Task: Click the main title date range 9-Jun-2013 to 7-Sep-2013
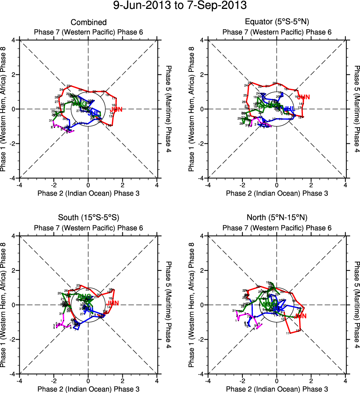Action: coord(180,6)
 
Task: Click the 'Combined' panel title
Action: coord(89,23)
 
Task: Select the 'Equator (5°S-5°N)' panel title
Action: coord(277,23)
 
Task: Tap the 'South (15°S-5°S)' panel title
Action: coord(89,217)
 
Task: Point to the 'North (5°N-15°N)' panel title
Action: coord(277,217)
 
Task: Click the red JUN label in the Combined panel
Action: coord(116,109)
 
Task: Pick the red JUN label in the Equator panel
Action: coord(304,97)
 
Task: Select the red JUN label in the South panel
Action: coord(112,303)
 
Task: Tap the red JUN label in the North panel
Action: coord(301,316)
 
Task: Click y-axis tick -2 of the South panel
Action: coord(15,339)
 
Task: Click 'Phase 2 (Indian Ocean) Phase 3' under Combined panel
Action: coord(89,193)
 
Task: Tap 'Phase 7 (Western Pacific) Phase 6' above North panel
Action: coord(277,228)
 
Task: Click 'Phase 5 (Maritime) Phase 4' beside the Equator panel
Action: coord(357,109)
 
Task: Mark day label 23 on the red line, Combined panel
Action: coord(69,86)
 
